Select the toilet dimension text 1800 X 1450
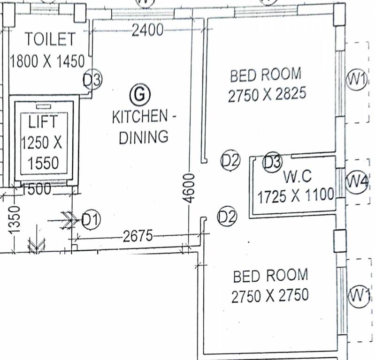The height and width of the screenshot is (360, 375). [47, 61]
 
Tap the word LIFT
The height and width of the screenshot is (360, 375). [43, 122]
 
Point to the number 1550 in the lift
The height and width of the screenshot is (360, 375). [43, 163]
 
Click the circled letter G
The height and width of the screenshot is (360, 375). [139, 95]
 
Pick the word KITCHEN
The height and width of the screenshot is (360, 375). [139, 117]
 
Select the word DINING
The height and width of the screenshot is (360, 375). [143, 137]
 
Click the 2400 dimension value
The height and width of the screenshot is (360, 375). [148, 30]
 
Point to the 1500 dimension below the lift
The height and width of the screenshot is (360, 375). [37, 190]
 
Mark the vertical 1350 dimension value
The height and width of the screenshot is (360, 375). [15, 219]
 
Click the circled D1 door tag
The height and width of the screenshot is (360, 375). [91, 219]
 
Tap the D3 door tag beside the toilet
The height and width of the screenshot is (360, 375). [92, 80]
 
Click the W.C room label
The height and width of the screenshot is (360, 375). [298, 177]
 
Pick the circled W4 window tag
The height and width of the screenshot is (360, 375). [357, 182]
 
